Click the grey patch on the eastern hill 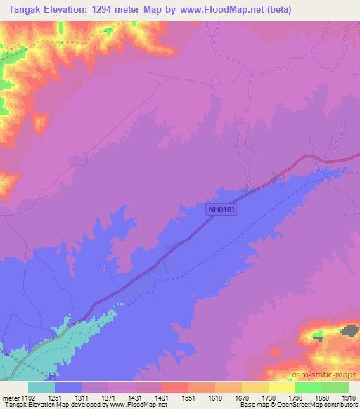(348, 330)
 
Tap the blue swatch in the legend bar (67, 387)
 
